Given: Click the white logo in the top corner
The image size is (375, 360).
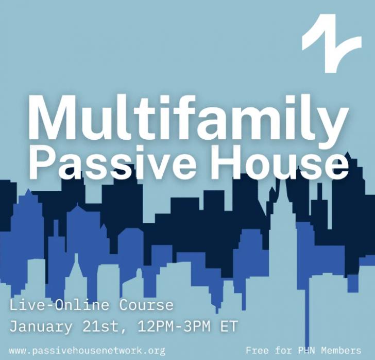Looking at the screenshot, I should tap(332, 43).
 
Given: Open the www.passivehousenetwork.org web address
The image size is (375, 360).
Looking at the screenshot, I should tap(87, 351).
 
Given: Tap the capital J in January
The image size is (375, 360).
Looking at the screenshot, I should tap(14, 326).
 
